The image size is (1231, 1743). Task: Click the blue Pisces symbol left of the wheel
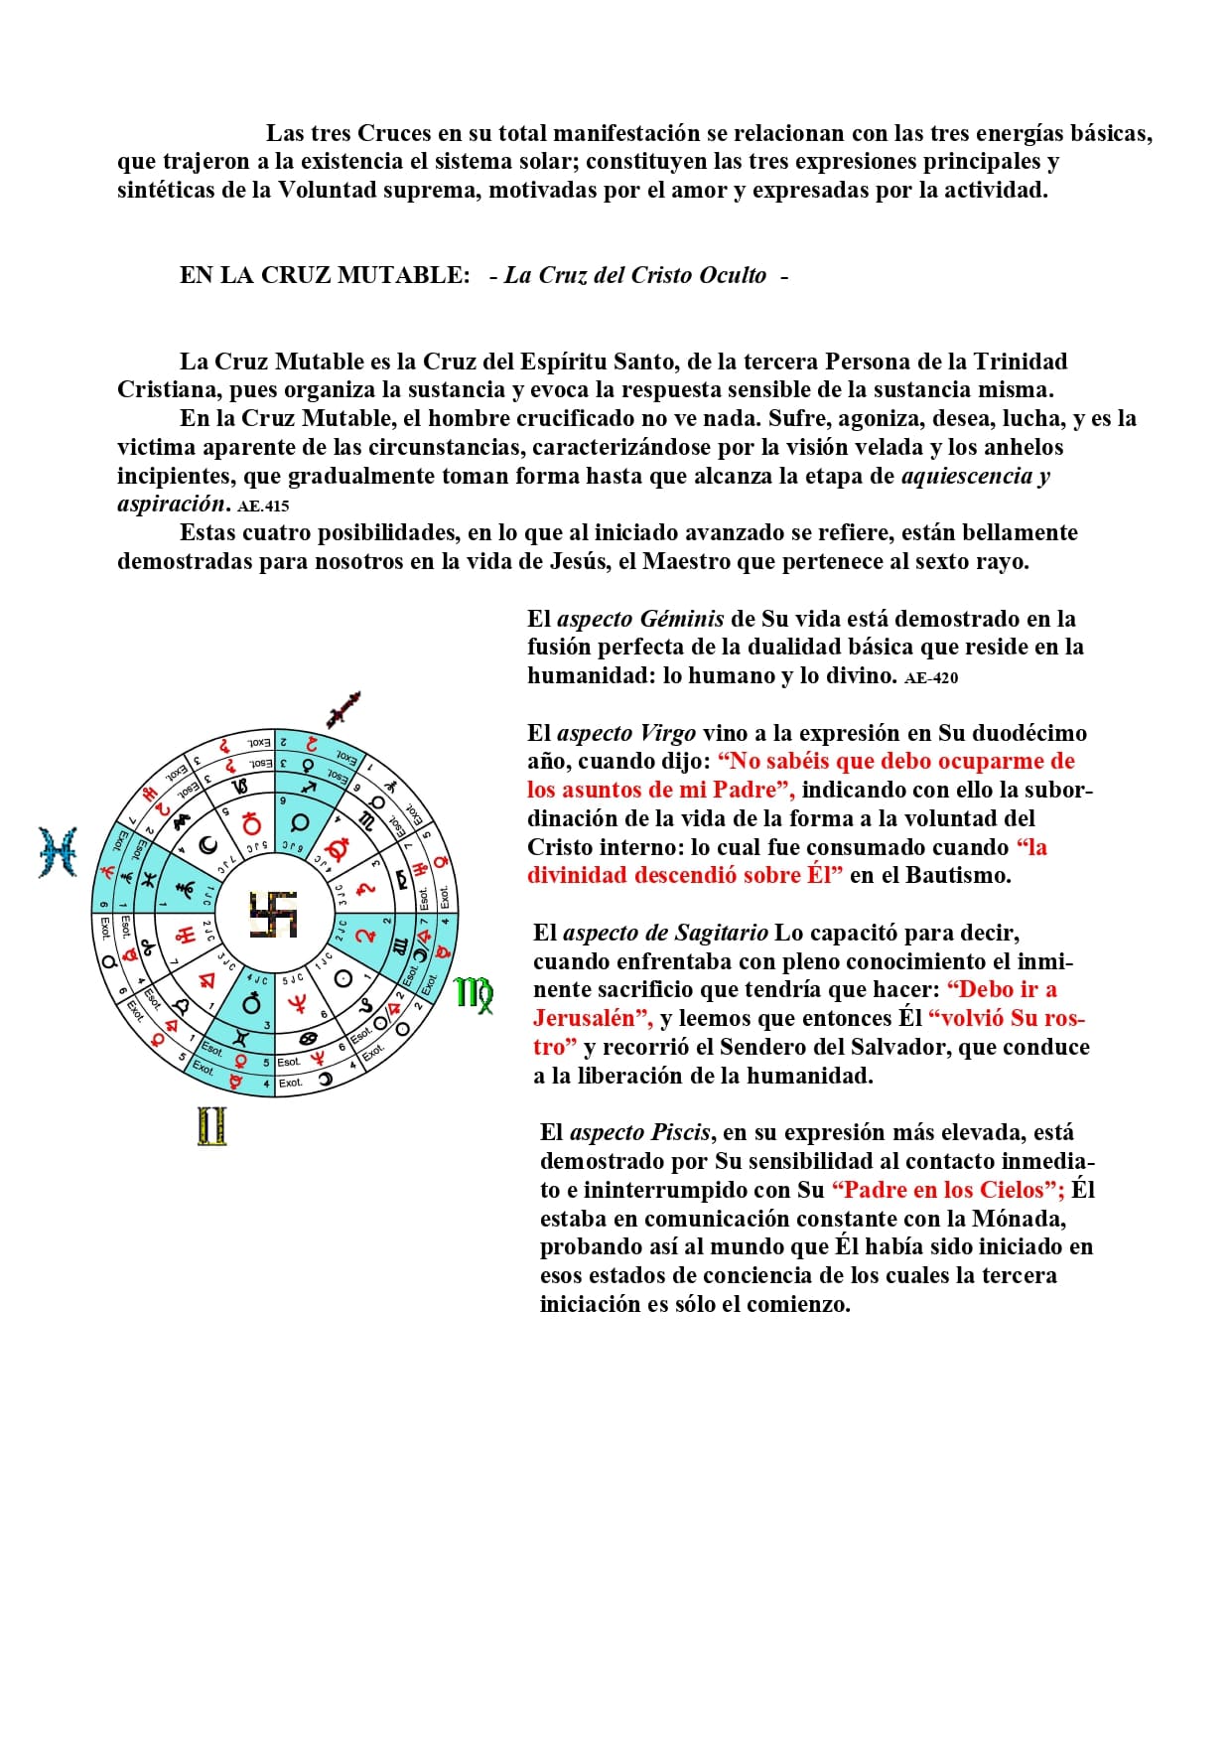tap(58, 852)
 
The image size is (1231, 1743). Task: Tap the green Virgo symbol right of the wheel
tap(474, 994)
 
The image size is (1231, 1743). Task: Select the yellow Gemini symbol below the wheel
tap(211, 1126)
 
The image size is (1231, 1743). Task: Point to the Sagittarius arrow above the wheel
tap(342, 709)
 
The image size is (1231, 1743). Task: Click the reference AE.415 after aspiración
tap(263, 506)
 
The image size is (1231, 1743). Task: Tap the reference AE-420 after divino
tap(931, 678)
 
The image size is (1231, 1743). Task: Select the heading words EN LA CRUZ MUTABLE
tap(325, 276)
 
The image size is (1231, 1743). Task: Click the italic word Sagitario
tap(721, 933)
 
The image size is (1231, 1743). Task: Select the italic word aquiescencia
tap(967, 476)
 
